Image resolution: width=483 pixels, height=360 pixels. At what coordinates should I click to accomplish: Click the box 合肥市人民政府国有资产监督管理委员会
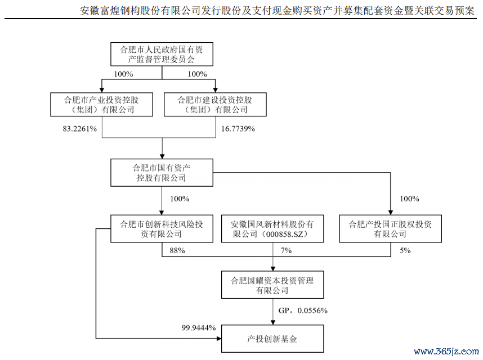[x=162, y=54]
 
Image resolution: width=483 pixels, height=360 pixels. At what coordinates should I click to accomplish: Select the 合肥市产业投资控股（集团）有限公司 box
[x=102, y=105]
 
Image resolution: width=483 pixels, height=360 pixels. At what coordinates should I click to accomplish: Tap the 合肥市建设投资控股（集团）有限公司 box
[x=215, y=105]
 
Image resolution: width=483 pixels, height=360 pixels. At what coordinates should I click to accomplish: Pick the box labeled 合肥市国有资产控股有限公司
[x=162, y=173]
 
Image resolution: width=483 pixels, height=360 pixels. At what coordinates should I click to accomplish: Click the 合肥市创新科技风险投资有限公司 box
[x=162, y=228]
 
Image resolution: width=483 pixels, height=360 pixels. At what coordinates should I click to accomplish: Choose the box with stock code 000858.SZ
[x=272, y=228]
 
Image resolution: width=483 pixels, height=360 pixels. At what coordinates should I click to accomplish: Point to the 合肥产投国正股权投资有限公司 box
[x=390, y=228]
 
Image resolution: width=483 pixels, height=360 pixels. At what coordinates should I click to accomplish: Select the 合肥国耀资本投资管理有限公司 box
[x=272, y=285]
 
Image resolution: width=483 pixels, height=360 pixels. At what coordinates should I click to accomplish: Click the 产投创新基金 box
[x=272, y=339]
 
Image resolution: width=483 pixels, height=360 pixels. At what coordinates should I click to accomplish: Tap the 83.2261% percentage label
[x=80, y=129]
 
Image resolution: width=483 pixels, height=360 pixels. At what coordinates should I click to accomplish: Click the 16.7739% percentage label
[x=238, y=129]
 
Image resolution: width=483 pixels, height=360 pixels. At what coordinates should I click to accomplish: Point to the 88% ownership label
[x=177, y=250]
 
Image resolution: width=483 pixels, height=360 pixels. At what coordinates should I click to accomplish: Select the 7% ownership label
[x=286, y=250]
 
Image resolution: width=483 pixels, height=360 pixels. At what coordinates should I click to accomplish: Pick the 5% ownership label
[x=405, y=250]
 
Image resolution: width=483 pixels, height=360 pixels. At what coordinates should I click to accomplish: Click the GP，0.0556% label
[x=303, y=310]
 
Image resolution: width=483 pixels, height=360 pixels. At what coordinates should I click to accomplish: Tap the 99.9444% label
[x=199, y=328]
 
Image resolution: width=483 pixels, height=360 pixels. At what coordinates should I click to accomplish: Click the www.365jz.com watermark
[x=446, y=352]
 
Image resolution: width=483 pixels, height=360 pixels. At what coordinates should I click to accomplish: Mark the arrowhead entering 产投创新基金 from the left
[x=219, y=339]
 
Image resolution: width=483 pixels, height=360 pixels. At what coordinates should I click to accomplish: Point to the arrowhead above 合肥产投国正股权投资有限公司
[x=391, y=212]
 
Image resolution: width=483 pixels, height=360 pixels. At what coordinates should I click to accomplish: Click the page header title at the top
[x=277, y=11]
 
